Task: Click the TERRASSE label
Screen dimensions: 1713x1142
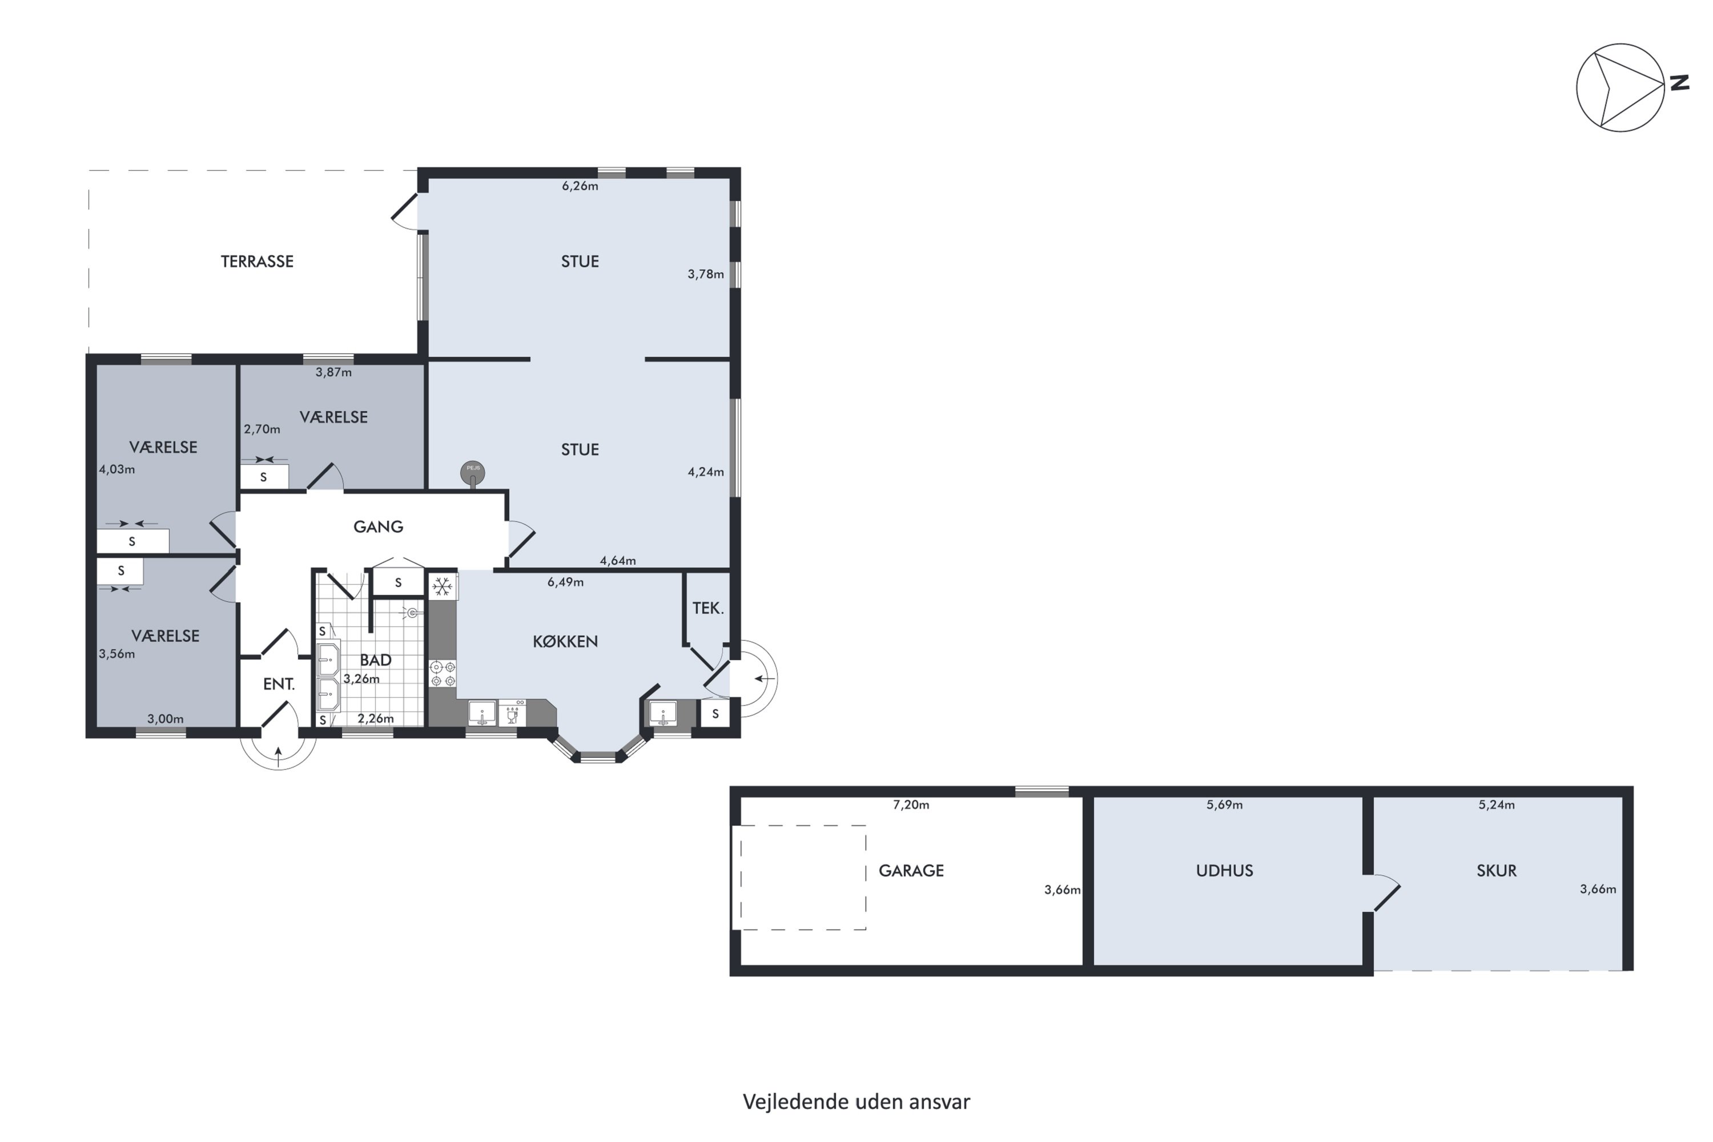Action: coord(257,262)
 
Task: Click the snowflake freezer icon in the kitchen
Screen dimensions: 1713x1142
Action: coord(442,586)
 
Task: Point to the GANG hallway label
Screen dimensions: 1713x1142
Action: coord(378,526)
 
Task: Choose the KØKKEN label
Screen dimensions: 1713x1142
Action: coord(565,642)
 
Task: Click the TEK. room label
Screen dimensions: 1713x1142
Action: coord(708,608)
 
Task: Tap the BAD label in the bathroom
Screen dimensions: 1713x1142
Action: coord(376,660)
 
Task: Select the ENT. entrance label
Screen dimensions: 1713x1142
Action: coord(279,684)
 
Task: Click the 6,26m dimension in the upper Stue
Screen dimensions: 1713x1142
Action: coord(580,186)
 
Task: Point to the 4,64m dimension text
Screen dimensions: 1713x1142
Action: coord(618,561)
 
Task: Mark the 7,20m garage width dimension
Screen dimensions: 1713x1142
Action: coord(911,805)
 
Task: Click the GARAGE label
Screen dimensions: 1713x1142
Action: coord(911,871)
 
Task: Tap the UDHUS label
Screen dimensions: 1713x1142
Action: coord(1224,871)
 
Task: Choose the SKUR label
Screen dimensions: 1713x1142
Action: coord(1497,871)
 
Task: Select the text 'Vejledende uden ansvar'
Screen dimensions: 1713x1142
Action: coord(856,1102)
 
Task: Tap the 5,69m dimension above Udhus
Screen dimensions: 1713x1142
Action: coord(1224,805)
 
